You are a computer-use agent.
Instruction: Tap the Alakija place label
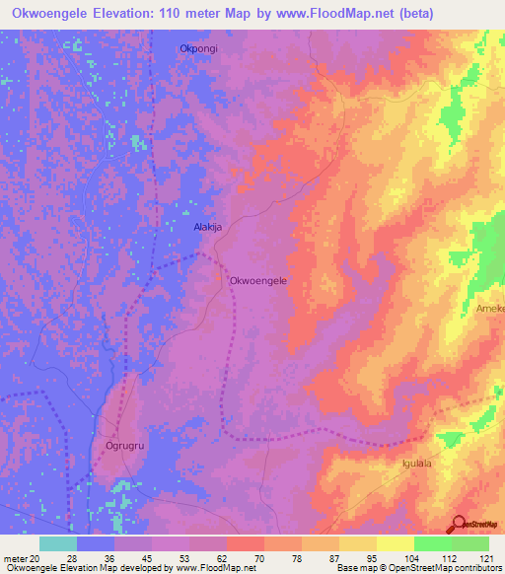point(207,227)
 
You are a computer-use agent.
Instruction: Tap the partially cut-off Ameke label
point(489,309)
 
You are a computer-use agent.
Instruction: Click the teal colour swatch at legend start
point(58,543)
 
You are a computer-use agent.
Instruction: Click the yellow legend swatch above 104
point(395,543)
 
